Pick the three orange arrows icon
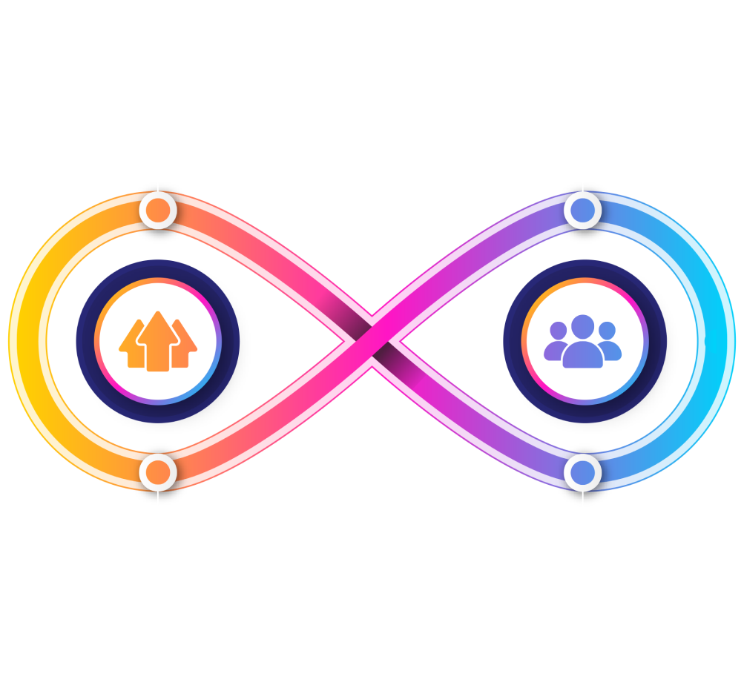[x=157, y=341]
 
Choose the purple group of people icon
[x=582, y=342]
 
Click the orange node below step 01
[x=157, y=211]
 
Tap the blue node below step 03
[x=582, y=211]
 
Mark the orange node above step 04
[x=157, y=471]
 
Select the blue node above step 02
[x=582, y=471]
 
